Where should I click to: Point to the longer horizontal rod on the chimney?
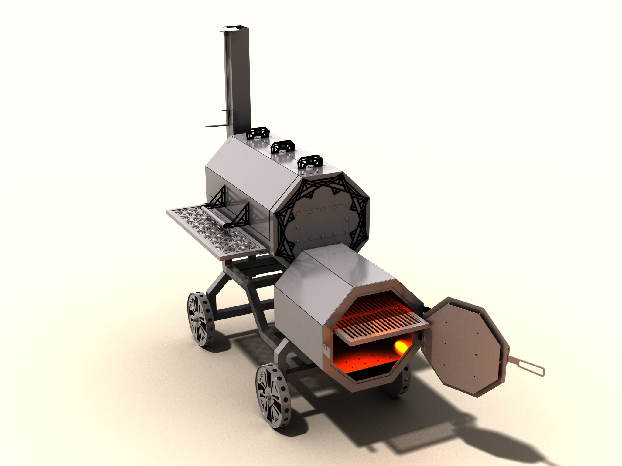[215, 126]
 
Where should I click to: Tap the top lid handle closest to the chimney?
[258, 133]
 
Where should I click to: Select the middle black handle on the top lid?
[283, 147]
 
